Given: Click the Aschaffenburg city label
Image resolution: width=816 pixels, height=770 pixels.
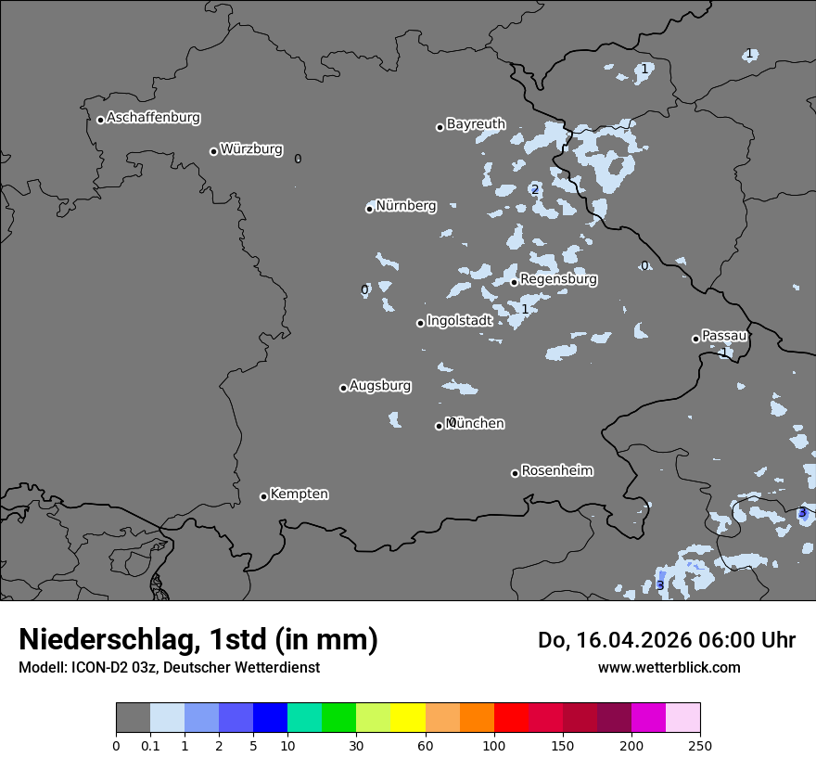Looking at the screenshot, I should [x=153, y=118].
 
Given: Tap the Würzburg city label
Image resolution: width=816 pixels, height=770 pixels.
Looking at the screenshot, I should [x=251, y=149].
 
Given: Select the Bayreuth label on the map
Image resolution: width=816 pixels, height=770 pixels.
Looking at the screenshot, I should [x=476, y=124].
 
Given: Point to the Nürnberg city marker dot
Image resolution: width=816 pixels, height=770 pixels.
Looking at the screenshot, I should [x=369, y=209].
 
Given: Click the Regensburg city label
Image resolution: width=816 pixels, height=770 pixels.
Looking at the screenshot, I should [x=558, y=279].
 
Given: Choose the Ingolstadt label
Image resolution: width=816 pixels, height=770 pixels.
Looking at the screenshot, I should [x=459, y=321].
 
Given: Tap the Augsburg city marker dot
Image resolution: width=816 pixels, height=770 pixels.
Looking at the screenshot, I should [x=343, y=388].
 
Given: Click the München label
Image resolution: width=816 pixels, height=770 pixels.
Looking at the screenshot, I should [x=476, y=424].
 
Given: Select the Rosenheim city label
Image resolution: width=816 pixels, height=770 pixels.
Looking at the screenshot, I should [x=556, y=471].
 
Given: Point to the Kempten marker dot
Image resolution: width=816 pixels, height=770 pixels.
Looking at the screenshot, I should [x=263, y=496].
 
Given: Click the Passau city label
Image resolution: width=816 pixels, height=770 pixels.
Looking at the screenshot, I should [x=724, y=336].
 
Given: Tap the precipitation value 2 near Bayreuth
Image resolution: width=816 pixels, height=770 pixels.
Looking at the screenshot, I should [x=535, y=189].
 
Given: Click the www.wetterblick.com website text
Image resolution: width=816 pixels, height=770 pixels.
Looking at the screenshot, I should [x=669, y=668].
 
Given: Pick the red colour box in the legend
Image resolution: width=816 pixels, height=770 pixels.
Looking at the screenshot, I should [x=511, y=718].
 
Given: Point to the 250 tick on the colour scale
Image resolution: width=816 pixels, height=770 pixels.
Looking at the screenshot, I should [x=700, y=746].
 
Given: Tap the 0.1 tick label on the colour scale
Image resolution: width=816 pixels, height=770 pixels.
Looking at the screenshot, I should [x=149, y=746].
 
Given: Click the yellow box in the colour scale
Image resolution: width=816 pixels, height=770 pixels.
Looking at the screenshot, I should [x=408, y=718].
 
